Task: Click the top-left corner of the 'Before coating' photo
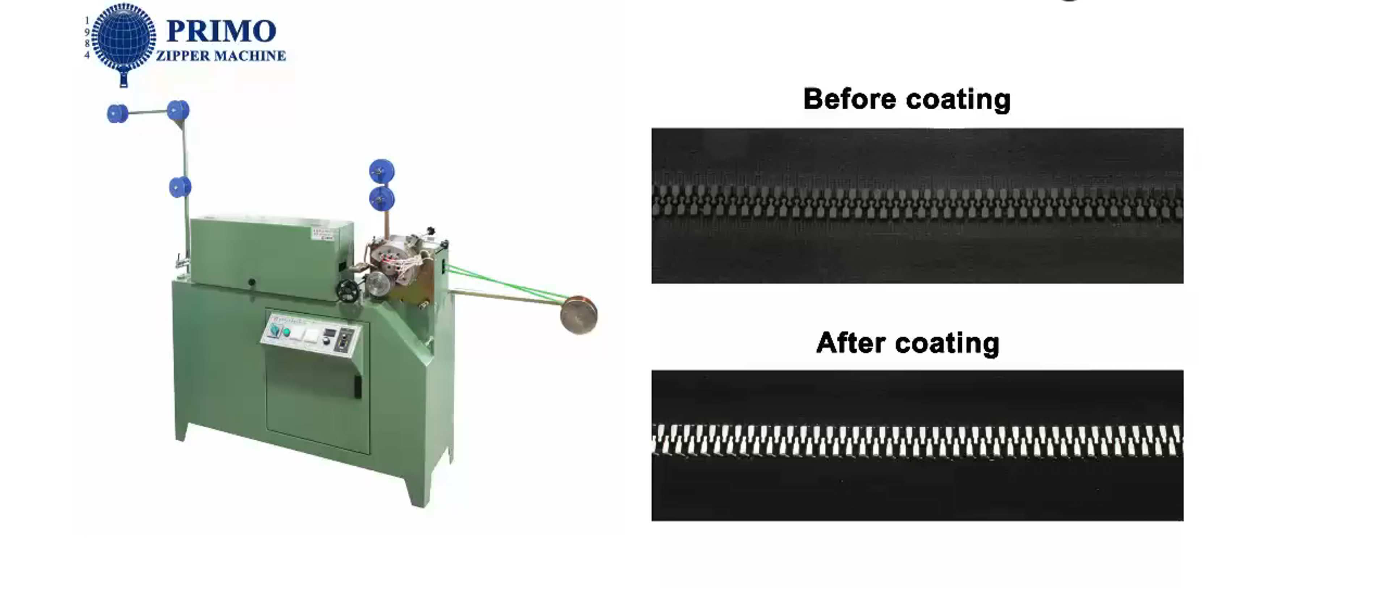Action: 652,128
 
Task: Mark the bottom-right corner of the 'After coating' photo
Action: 1183,521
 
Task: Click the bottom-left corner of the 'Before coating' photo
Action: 652,283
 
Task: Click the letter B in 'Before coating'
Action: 813,99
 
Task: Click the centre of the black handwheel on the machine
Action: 347,291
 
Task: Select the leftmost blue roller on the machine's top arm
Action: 118,113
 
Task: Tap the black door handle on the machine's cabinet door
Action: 358,386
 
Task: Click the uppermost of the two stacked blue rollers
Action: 382,171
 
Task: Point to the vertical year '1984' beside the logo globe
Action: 87,38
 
